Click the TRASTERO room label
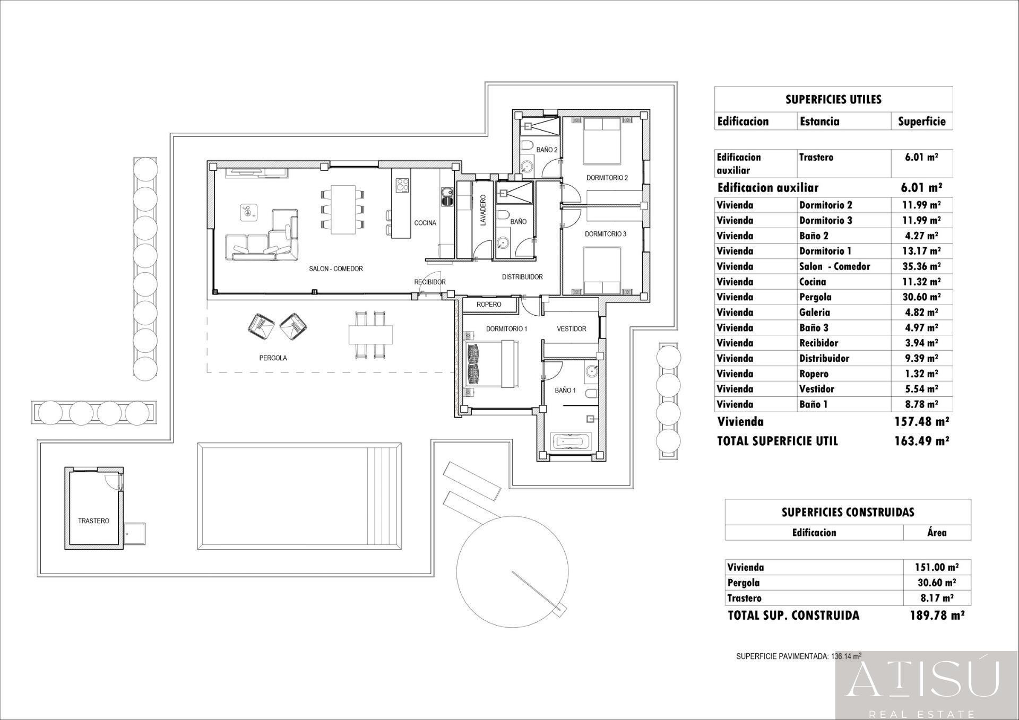click(x=93, y=521)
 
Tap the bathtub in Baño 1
click(x=571, y=441)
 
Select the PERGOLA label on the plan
click(x=273, y=358)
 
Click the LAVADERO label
click(x=483, y=211)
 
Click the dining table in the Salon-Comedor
click(x=343, y=209)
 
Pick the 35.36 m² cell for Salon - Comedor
click(x=921, y=266)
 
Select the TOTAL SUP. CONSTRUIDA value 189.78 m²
click(x=936, y=615)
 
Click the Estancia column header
click(x=819, y=122)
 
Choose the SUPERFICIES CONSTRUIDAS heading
click(x=848, y=512)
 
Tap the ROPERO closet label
click(x=488, y=305)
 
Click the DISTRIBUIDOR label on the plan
click(x=522, y=277)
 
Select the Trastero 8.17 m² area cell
click(x=936, y=598)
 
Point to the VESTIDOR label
click(x=571, y=329)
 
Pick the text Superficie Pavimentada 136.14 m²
click(x=798, y=656)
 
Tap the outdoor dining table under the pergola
click(x=370, y=335)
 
